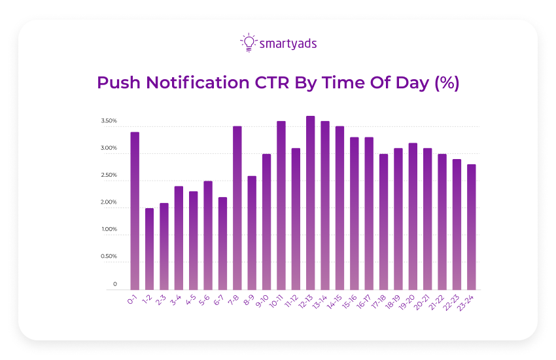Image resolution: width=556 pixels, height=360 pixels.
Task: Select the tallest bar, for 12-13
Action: pos(310,203)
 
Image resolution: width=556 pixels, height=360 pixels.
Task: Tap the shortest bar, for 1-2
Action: pos(149,249)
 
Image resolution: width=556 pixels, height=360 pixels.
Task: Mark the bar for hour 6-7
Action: pos(222,243)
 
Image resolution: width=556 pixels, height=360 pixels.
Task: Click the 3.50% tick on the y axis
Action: pos(109,122)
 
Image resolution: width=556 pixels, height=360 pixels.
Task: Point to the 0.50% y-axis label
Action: pos(109,257)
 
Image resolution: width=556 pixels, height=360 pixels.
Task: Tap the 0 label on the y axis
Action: pos(114,284)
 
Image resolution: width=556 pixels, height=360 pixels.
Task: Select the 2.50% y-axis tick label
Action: pos(109,175)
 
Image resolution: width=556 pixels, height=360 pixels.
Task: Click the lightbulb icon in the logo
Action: pos(248,43)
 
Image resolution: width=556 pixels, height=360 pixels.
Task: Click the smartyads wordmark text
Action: pos(288,44)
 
